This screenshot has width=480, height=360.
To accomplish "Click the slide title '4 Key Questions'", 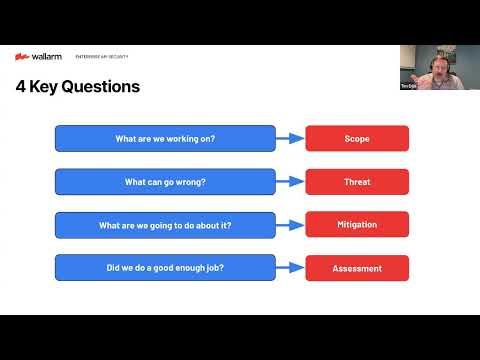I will tap(78, 86).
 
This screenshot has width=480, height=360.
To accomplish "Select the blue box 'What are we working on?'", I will tap(165, 138).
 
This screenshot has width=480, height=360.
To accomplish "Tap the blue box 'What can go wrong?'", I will tap(165, 182).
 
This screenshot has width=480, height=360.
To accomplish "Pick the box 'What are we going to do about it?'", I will tap(165, 225).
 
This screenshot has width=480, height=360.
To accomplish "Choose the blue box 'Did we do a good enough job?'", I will tap(165, 268).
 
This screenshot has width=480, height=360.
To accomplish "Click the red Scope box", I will tap(357, 138).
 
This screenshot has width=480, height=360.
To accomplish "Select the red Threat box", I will tap(357, 182).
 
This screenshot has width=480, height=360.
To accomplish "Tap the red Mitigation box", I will tap(357, 225).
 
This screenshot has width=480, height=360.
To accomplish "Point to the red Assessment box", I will tap(357, 268).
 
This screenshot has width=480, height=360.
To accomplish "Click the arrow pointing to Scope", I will tap(290, 138).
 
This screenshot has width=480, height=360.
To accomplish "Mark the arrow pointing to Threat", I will tap(290, 182).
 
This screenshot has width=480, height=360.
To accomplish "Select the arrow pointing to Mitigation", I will tap(290, 225).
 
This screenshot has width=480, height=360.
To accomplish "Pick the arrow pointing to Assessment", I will tap(290, 268).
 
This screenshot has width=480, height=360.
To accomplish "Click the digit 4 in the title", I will tap(21, 86).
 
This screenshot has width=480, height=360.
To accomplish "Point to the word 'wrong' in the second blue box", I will tap(190, 182).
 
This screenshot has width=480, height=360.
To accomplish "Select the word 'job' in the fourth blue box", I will tap(214, 268).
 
